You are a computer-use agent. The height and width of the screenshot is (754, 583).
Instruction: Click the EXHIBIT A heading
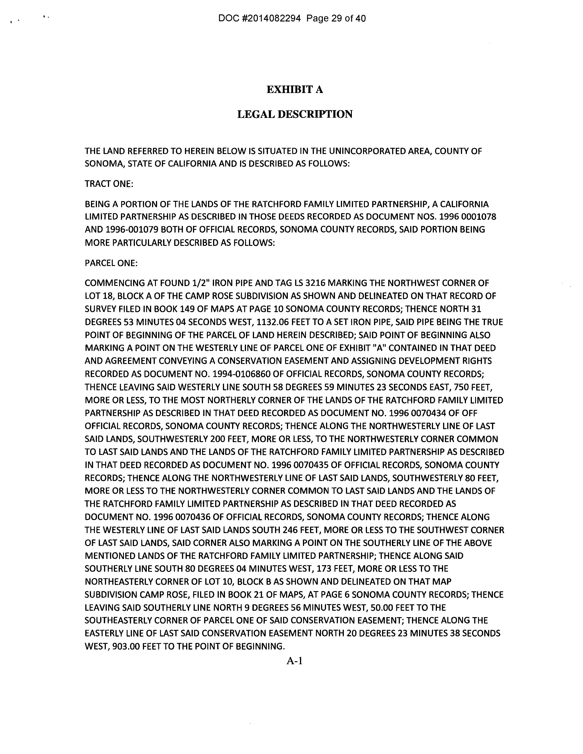[295, 90]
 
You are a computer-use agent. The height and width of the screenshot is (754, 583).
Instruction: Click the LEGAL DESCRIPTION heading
[295, 114]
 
